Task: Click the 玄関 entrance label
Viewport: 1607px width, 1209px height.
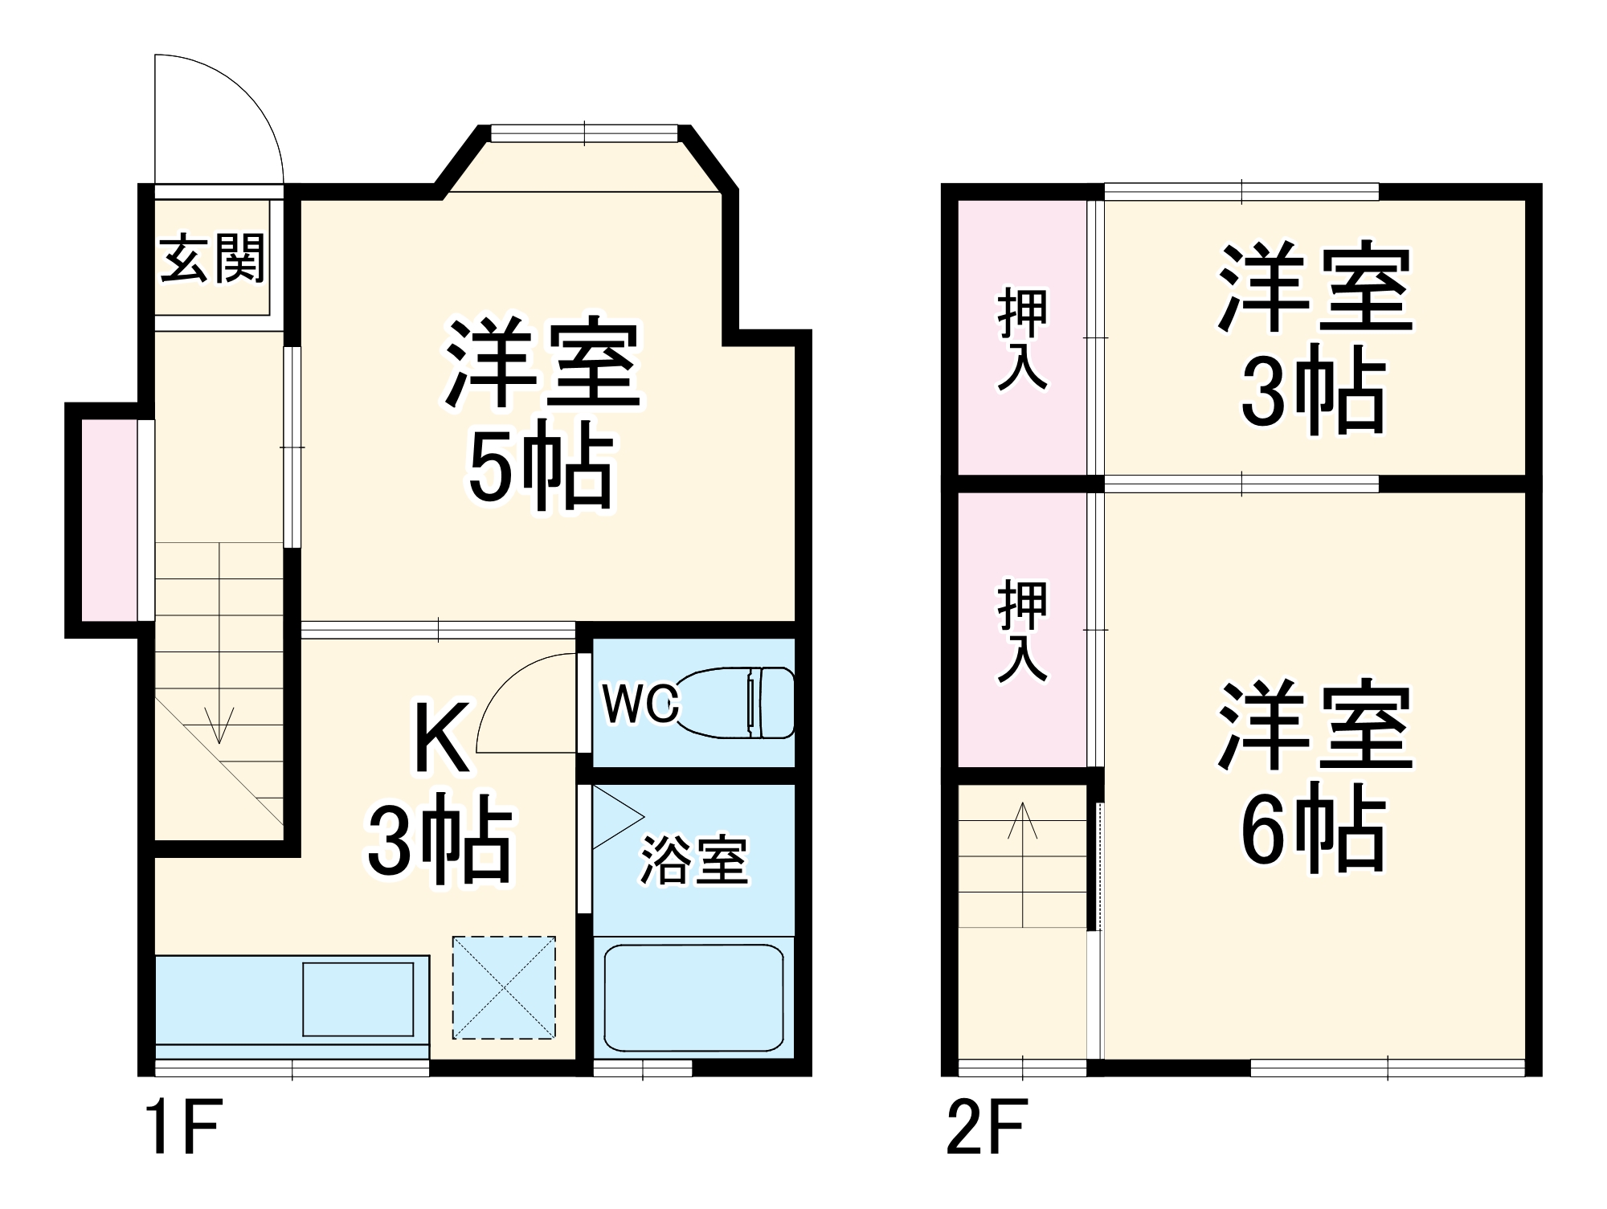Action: (212, 259)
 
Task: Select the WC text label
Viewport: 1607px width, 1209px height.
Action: (640, 704)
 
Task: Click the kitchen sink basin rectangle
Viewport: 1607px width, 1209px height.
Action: (358, 999)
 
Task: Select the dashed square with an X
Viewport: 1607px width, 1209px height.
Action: (504, 987)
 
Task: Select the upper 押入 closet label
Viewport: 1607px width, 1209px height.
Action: (1022, 338)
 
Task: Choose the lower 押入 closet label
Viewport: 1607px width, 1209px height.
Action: (1022, 631)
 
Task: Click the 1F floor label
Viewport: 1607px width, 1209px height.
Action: (183, 1128)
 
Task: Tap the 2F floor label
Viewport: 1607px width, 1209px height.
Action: (986, 1128)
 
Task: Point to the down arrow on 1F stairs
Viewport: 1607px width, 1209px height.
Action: (219, 723)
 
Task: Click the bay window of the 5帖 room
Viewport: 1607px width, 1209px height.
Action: (584, 134)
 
